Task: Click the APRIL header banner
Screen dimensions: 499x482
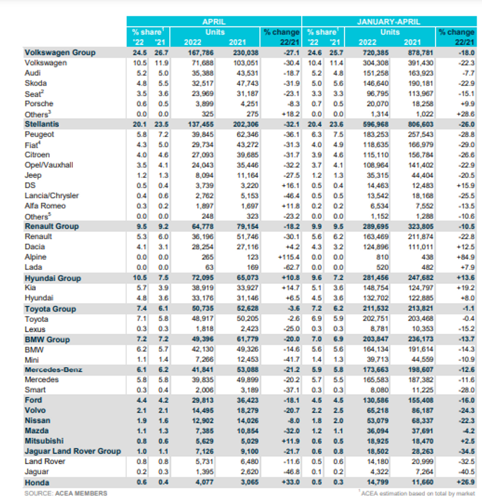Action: [x=214, y=21]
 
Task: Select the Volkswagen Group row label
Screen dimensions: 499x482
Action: [x=59, y=53]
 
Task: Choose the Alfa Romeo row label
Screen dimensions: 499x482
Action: [x=46, y=206]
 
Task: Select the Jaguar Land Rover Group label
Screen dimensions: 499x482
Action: [x=73, y=451]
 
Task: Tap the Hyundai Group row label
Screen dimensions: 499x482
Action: [x=53, y=278]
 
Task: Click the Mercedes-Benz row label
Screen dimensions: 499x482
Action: [x=54, y=369]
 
